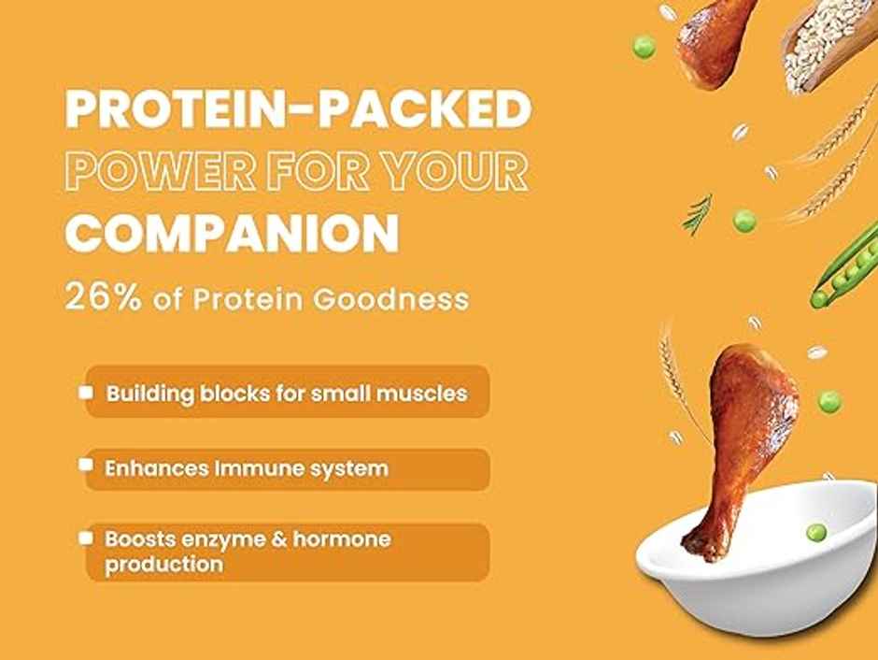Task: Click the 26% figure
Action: pos(100,298)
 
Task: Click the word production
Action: pos(163,564)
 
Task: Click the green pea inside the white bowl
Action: pos(816,532)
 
